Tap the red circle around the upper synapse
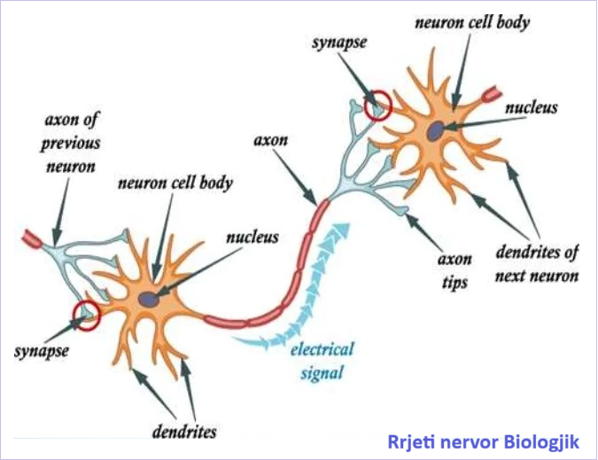click(x=379, y=105)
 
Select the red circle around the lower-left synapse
click(x=87, y=313)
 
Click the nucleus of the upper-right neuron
click(x=437, y=129)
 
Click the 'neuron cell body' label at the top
click(x=474, y=22)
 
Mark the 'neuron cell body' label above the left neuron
click(x=175, y=183)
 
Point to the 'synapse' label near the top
click(x=337, y=42)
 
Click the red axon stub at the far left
click(x=32, y=238)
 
